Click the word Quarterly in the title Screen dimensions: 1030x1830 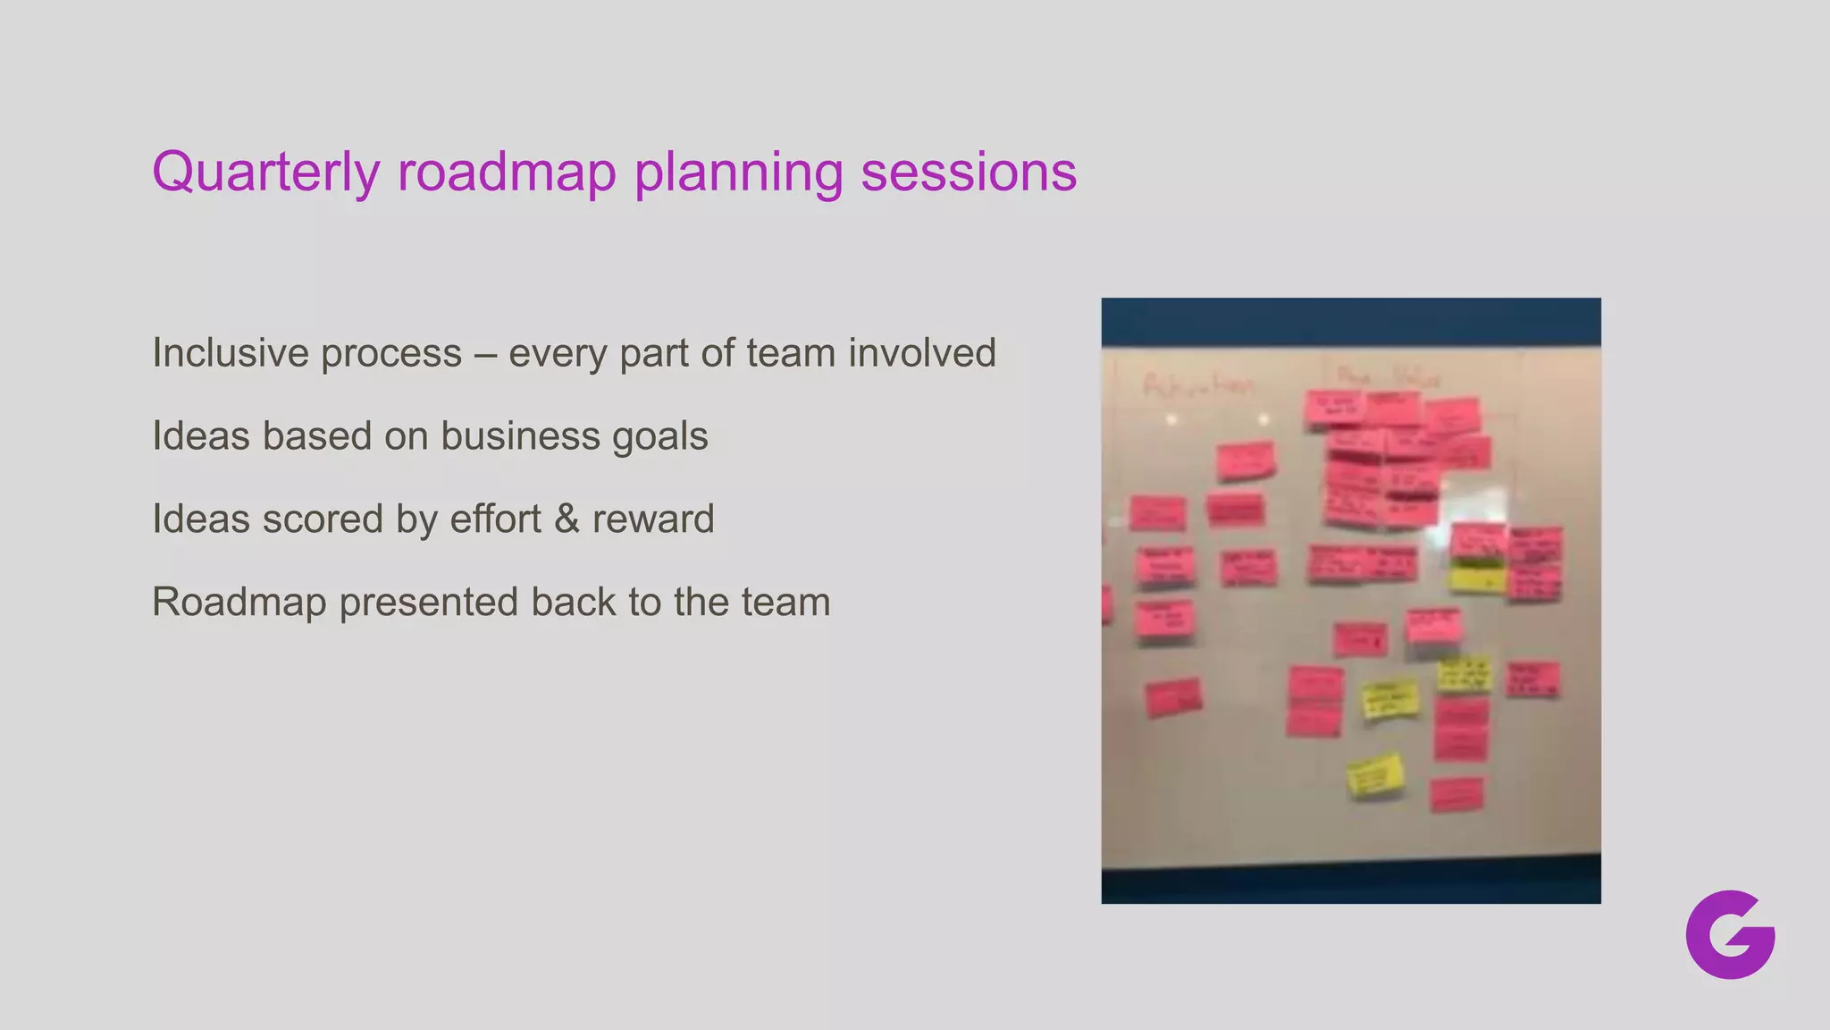[265, 172]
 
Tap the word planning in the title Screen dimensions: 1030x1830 [738, 172]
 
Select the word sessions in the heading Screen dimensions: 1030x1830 [968, 172]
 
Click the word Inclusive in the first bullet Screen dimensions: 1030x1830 [230, 353]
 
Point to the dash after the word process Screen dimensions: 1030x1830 [485, 354]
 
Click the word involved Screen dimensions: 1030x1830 [921, 353]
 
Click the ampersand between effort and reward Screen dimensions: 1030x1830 [567, 519]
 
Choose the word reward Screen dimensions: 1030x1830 [653, 519]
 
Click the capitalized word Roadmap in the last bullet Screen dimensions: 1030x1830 [239, 603]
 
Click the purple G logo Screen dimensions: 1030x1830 [1730, 934]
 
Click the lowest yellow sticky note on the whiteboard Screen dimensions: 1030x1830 [1375, 775]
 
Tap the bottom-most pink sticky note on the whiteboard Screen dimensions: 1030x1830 [1456, 795]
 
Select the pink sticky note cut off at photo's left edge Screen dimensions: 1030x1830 [1107, 605]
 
